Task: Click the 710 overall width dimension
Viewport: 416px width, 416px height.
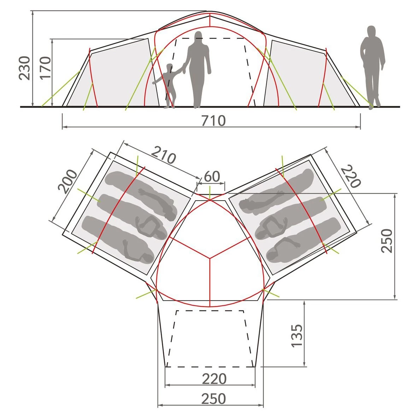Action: [x=214, y=121]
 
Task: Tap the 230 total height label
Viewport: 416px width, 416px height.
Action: [x=24, y=68]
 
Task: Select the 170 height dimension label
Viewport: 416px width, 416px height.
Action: [x=45, y=68]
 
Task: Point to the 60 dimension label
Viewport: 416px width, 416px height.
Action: [x=212, y=177]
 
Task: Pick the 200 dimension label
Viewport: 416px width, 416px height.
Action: [x=67, y=182]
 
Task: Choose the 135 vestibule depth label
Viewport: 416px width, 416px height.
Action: [x=297, y=335]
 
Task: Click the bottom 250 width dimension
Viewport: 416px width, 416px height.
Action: [x=214, y=399]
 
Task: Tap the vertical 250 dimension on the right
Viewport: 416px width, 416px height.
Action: [x=387, y=240]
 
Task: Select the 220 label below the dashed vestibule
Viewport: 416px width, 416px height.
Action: [x=214, y=379]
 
